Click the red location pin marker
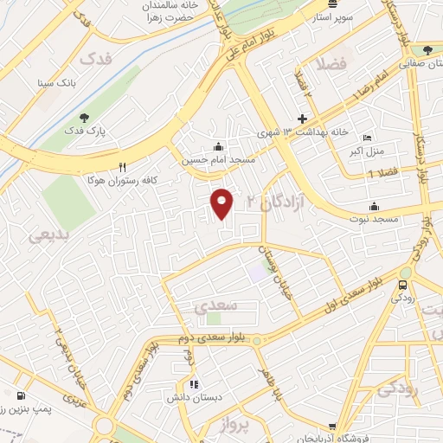222,203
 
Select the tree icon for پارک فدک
83,118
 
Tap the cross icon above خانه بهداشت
302,119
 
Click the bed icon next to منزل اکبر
367,138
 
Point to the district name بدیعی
49,234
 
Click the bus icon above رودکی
403,284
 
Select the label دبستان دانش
195,398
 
